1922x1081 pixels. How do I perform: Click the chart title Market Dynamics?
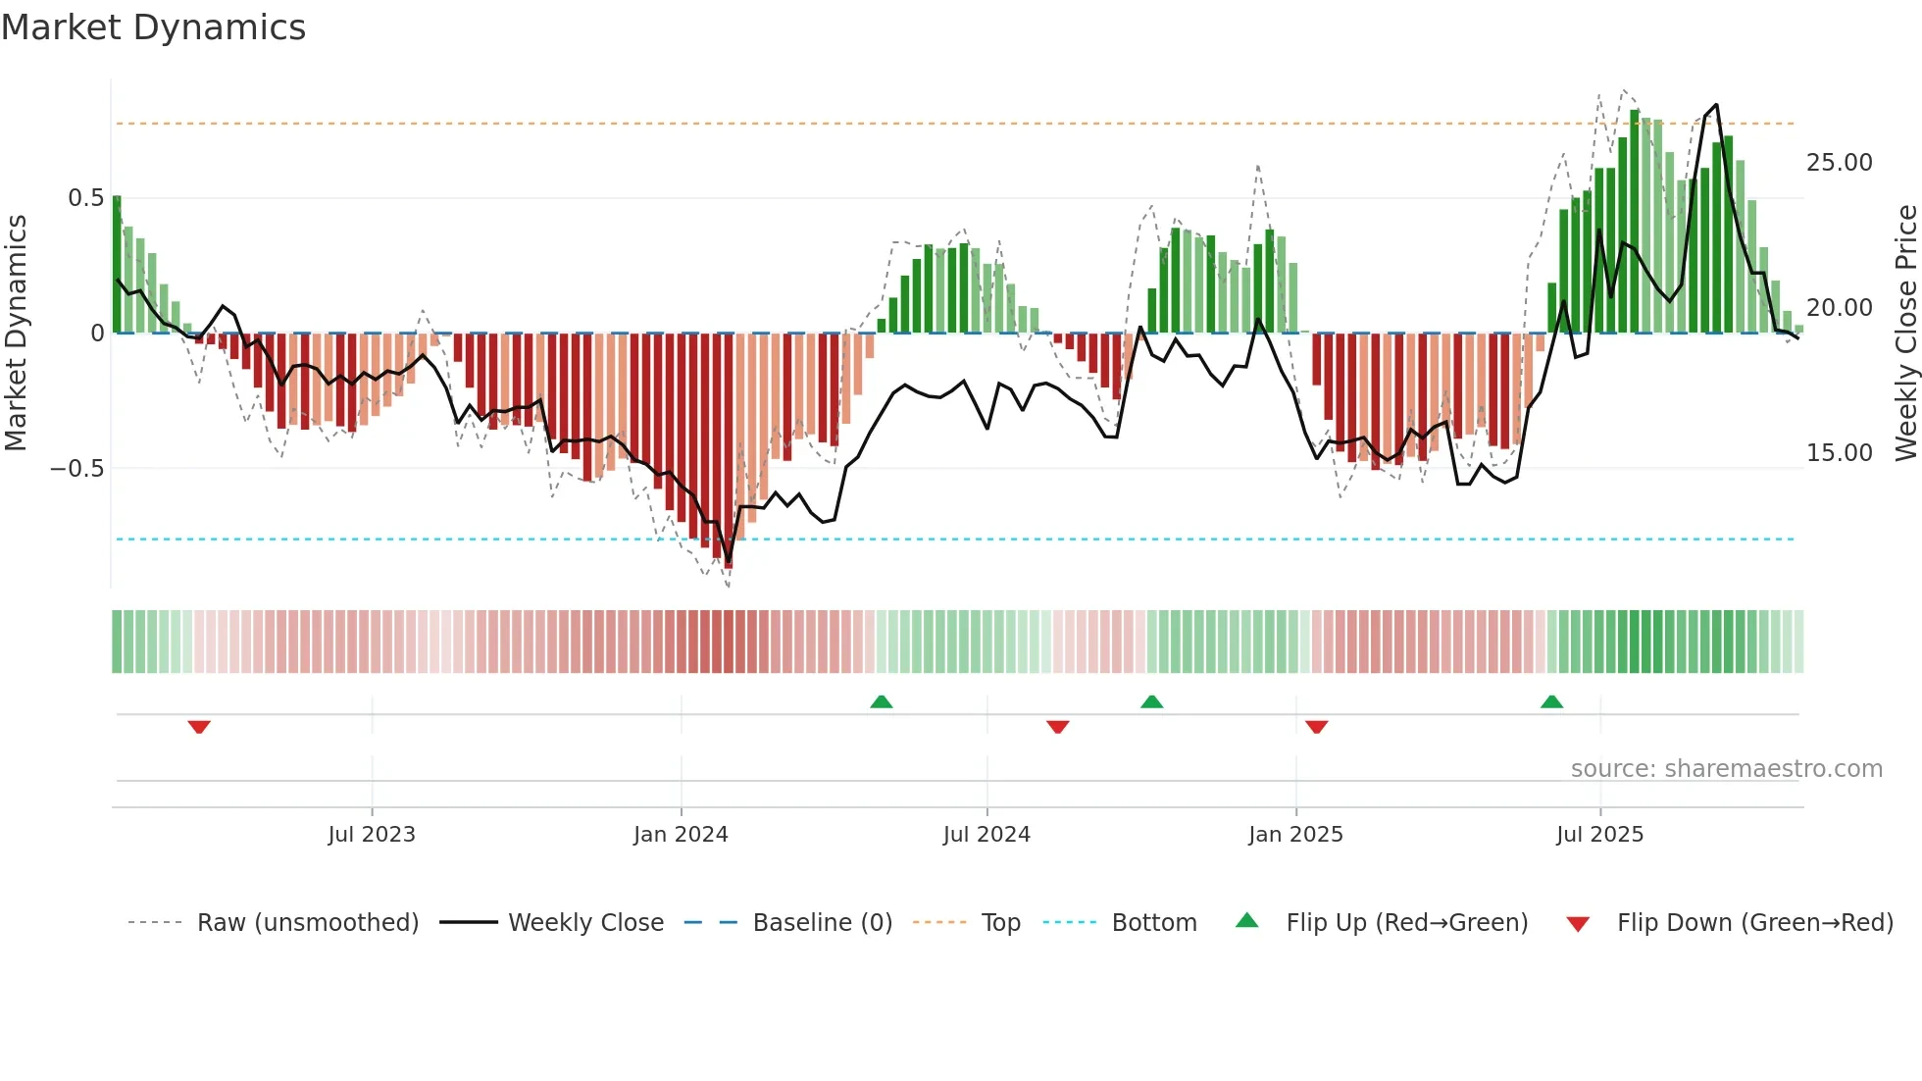coord(154,27)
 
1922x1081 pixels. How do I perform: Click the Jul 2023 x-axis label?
coord(372,835)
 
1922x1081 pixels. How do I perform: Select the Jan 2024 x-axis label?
coord(681,835)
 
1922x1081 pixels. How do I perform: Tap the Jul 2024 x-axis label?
coord(986,835)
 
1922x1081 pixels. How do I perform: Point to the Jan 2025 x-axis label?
coord(1295,835)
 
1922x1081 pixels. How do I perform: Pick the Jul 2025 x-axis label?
coord(1599,835)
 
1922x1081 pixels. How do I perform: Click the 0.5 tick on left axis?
coord(85,198)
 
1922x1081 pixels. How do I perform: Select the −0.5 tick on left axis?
coord(77,468)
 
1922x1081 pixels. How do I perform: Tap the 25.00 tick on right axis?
coord(1839,163)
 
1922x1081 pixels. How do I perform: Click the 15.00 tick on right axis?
coord(1839,453)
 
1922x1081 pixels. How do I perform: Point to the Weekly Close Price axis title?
coord(1905,334)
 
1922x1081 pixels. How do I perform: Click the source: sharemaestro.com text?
coord(1726,769)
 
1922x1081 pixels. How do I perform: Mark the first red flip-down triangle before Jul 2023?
coord(199,727)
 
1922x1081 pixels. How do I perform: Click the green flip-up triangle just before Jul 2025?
coord(1551,701)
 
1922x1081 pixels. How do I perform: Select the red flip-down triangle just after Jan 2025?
coord(1317,727)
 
